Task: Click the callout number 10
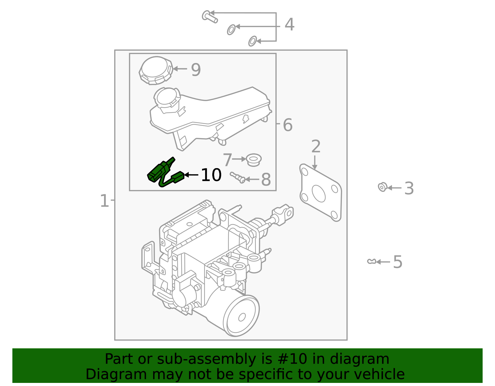(x=211, y=175)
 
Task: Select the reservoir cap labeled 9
(x=156, y=70)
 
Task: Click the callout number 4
(x=289, y=25)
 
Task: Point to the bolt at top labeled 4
(x=209, y=16)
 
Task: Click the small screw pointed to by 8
(x=237, y=177)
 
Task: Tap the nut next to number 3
(x=383, y=187)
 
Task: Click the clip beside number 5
(x=371, y=261)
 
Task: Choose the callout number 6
(x=287, y=125)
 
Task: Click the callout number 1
(x=104, y=201)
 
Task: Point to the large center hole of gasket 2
(x=319, y=193)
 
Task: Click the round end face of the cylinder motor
(x=241, y=316)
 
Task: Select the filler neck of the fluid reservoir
(x=167, y=98)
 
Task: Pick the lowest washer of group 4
(x=252, y=41)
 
